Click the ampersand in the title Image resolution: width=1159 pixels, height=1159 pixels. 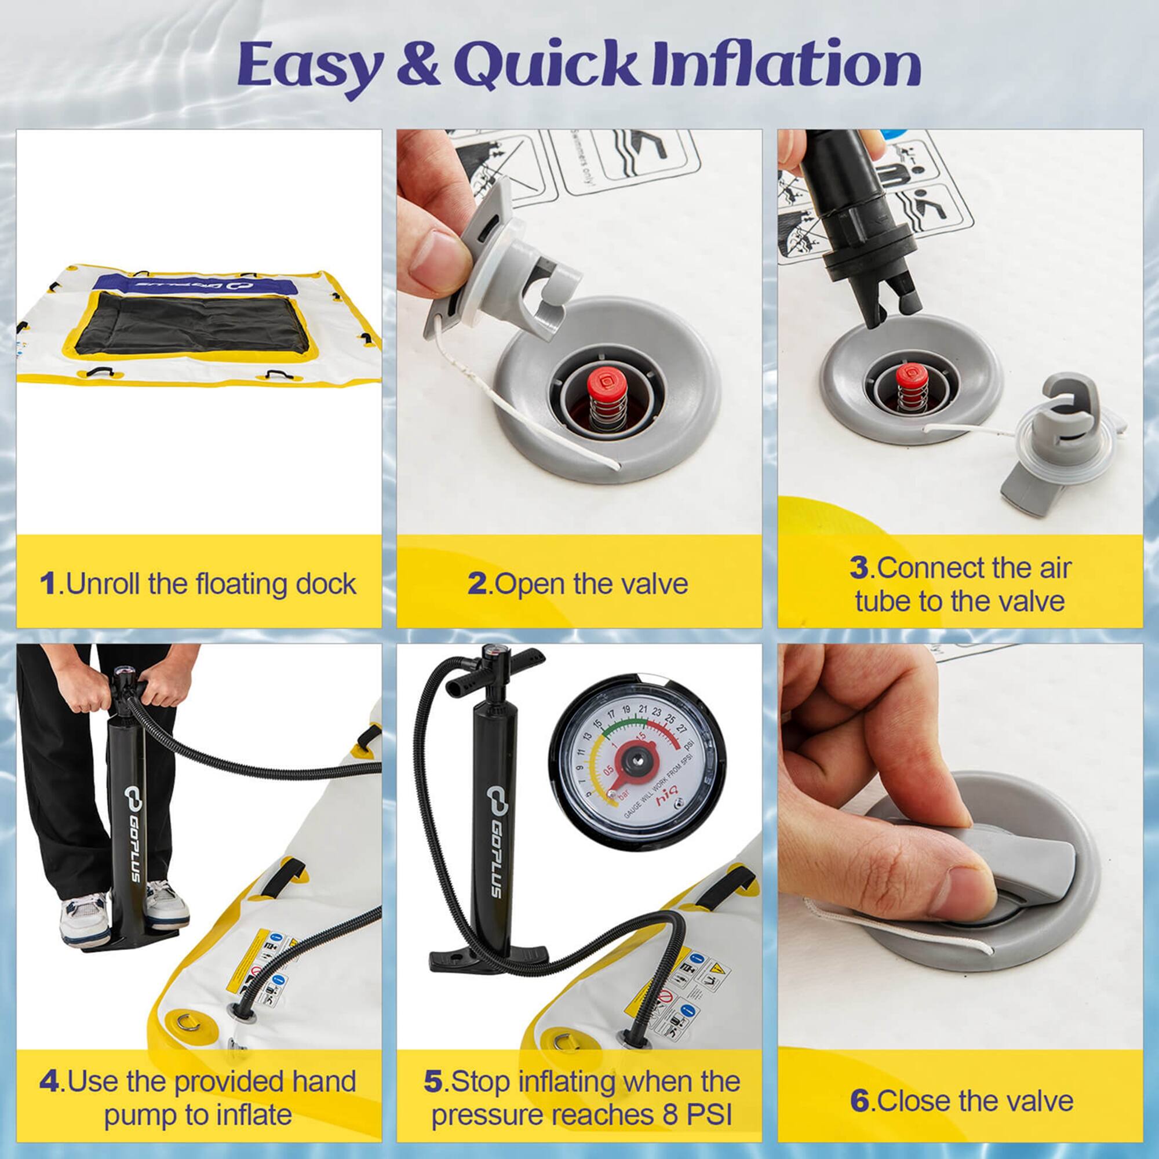(x=420, y=66)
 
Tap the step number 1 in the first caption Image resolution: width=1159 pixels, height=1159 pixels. (x=48, y=584)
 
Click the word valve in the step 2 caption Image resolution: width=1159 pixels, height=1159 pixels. (x=654, y=584)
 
